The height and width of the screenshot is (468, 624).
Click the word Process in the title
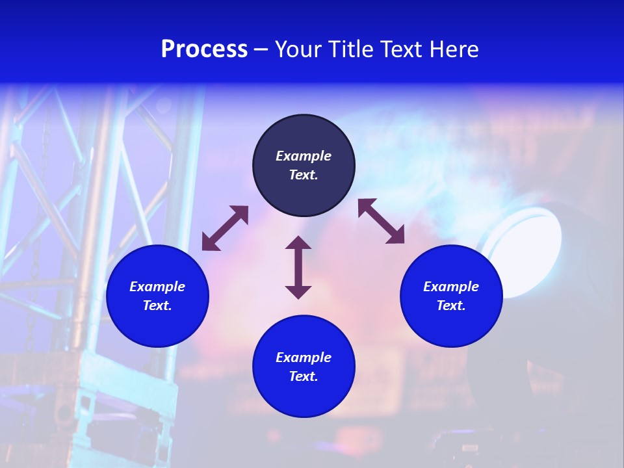pyautogui.click(x=204, y=49)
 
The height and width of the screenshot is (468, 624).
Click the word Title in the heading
pyautogui.click(x=349, y=49)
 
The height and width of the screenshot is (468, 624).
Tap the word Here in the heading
pyautogui.click(x=453, y=49)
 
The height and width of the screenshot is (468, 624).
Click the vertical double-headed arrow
pyautogui.click(x=298, y=267)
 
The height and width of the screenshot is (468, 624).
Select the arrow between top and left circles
pyautogui.click(x=225, y=228)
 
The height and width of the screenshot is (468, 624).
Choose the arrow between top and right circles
pyautogui.click(x=382, y=222)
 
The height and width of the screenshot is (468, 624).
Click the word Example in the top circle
pyautogui.click(x=304, y=156)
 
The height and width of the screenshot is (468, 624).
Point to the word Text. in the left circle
pyautogui.click(x=157, y=305)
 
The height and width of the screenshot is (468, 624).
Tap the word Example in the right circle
pyautogui.click(x=451, y=287)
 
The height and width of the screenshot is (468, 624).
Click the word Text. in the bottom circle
pyautogui.click(x=304, y=376)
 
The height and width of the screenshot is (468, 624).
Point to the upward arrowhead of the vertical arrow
pyautogui.click(x=298, y=242)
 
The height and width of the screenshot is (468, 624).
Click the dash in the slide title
pyautogui.click(x=261, y=50)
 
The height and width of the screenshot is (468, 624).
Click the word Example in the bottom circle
pyautogui.click(x=304, y=357)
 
